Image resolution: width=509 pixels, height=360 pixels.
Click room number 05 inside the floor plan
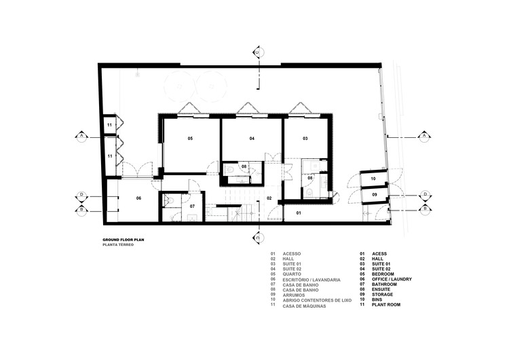pos(191,139)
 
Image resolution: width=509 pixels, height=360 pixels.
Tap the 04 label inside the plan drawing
pos(252,139)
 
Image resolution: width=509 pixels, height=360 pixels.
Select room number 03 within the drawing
pos(305,139)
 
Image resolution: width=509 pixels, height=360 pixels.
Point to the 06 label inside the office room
pos(138,198)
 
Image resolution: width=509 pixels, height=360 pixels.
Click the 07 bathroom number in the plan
pos(192,206)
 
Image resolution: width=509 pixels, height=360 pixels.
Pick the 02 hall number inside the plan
pos(269,198)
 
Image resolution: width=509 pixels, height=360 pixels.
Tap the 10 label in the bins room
pos(373,179)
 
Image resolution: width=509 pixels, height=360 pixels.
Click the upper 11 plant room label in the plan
pos(109,126)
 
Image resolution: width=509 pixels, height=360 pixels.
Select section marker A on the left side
pos(81,136)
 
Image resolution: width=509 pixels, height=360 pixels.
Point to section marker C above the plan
pos(257,52)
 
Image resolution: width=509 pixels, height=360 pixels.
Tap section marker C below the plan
pos(257,237)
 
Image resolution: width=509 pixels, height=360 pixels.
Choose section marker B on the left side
pos(81,209)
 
